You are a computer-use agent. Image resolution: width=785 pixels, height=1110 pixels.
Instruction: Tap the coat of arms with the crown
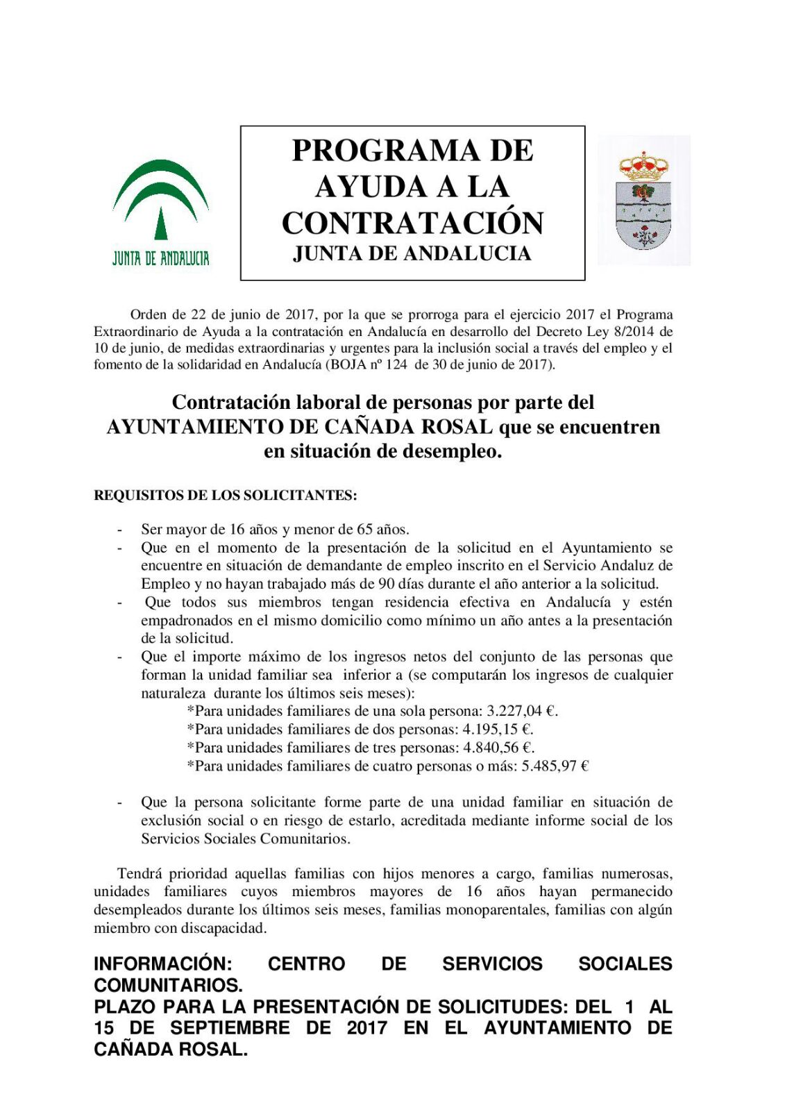click(643, 201)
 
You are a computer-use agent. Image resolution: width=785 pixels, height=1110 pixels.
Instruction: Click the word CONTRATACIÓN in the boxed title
click(412, 223)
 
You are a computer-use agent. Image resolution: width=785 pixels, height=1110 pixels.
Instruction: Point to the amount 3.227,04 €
click(522, 711)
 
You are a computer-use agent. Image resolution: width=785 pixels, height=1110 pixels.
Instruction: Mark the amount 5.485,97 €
click(555, 766)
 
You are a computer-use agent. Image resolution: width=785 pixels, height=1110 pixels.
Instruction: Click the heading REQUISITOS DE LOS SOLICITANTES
click(226, 496)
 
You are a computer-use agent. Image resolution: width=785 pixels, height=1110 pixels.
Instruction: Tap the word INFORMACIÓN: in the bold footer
click(163, 964)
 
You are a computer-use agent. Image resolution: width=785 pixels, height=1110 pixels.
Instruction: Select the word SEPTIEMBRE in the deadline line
click(230, 1027)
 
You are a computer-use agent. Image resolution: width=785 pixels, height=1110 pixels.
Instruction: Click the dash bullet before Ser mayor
click(120, 530)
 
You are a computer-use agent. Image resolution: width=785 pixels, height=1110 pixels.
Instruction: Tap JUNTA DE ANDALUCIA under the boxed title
click(412, 254)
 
